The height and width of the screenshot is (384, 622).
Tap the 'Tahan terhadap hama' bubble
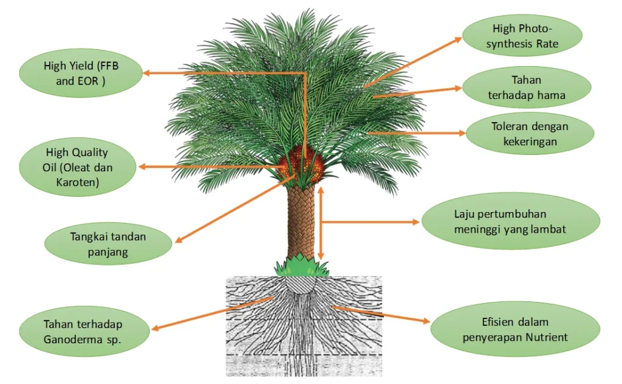click(527, 87)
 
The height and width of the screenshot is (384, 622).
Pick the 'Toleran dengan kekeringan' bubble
click(530, 134)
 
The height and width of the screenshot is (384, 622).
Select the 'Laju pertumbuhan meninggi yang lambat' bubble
click(510, 222)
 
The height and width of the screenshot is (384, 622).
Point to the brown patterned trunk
click(302, 222)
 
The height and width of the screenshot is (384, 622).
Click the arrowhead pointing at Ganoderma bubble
click(155, 329)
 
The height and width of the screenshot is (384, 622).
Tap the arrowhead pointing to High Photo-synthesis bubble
click(458, 38)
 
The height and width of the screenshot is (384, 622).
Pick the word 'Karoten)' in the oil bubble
click(78, 182)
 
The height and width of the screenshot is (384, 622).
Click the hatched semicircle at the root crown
click(302, 284)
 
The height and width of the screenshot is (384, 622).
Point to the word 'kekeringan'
click(530, 141)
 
